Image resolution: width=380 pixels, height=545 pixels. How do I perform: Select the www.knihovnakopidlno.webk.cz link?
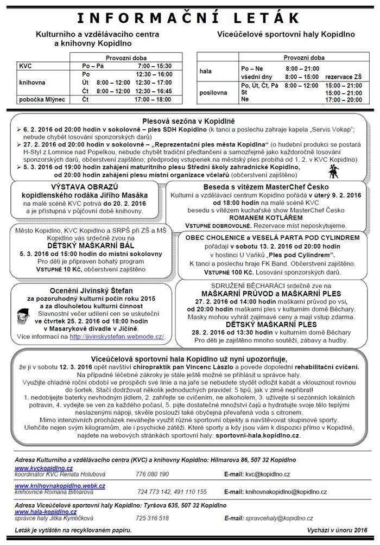(60, 485)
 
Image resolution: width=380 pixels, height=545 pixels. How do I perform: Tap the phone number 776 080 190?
(153, 474)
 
